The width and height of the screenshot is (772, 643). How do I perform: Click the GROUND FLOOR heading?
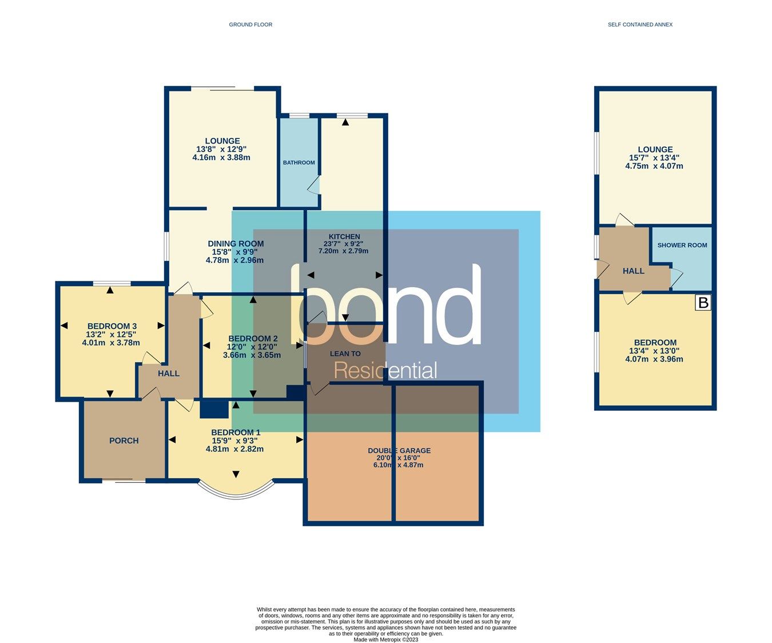pos(250,25)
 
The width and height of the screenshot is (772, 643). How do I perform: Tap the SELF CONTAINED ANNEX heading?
pos(640,25)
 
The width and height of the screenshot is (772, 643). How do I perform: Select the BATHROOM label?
pos(299,162)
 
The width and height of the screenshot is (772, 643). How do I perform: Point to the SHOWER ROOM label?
pos(682,245)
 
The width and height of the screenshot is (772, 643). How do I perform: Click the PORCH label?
pos(124,440)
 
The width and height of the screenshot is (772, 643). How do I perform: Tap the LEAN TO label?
pos(345,354)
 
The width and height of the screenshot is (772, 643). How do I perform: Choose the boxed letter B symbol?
pos(703,303)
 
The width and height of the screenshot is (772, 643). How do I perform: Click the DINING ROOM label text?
pos(236,244)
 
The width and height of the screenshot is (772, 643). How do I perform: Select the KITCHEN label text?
pos(344,236)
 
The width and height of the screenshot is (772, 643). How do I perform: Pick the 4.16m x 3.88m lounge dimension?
pos(221,157)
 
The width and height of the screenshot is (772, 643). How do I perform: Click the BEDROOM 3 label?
pos(112,326)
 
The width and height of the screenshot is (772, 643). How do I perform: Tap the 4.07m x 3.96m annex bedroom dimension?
pos(654,359)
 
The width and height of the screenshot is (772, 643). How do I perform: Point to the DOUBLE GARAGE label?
pos(399,450)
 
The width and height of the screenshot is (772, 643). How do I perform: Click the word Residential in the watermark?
pos(385,370)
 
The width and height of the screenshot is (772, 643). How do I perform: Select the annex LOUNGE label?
pos(655,149)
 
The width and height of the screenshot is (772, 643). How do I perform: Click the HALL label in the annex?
pos(634,271)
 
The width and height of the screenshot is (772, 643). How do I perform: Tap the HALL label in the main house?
pos(169,374)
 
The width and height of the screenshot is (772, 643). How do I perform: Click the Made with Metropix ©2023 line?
pos(385,640)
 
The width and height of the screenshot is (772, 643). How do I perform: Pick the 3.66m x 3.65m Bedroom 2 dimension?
pos(252,355)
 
